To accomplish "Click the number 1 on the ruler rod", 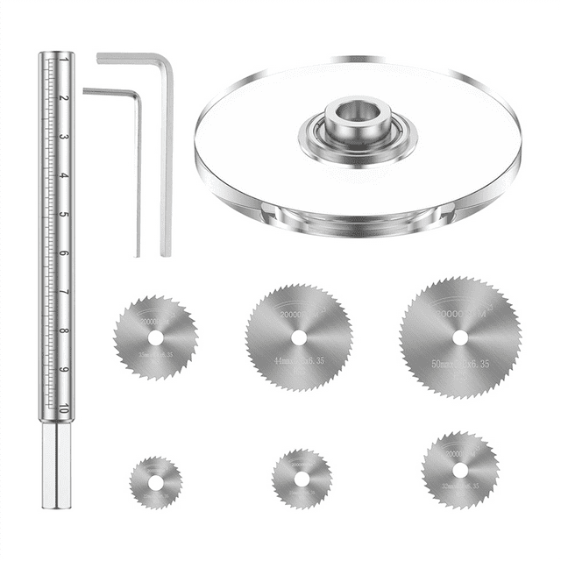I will point(65,61).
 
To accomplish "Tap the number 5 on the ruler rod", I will point(65,215).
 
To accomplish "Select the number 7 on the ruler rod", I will point(65,293).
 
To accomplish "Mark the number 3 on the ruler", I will point(65,138).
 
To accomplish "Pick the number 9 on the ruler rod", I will point(65,369).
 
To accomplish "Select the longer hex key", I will point(166,158).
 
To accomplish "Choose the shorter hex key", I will point(137,175).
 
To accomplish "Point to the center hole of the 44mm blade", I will point(299,337).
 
